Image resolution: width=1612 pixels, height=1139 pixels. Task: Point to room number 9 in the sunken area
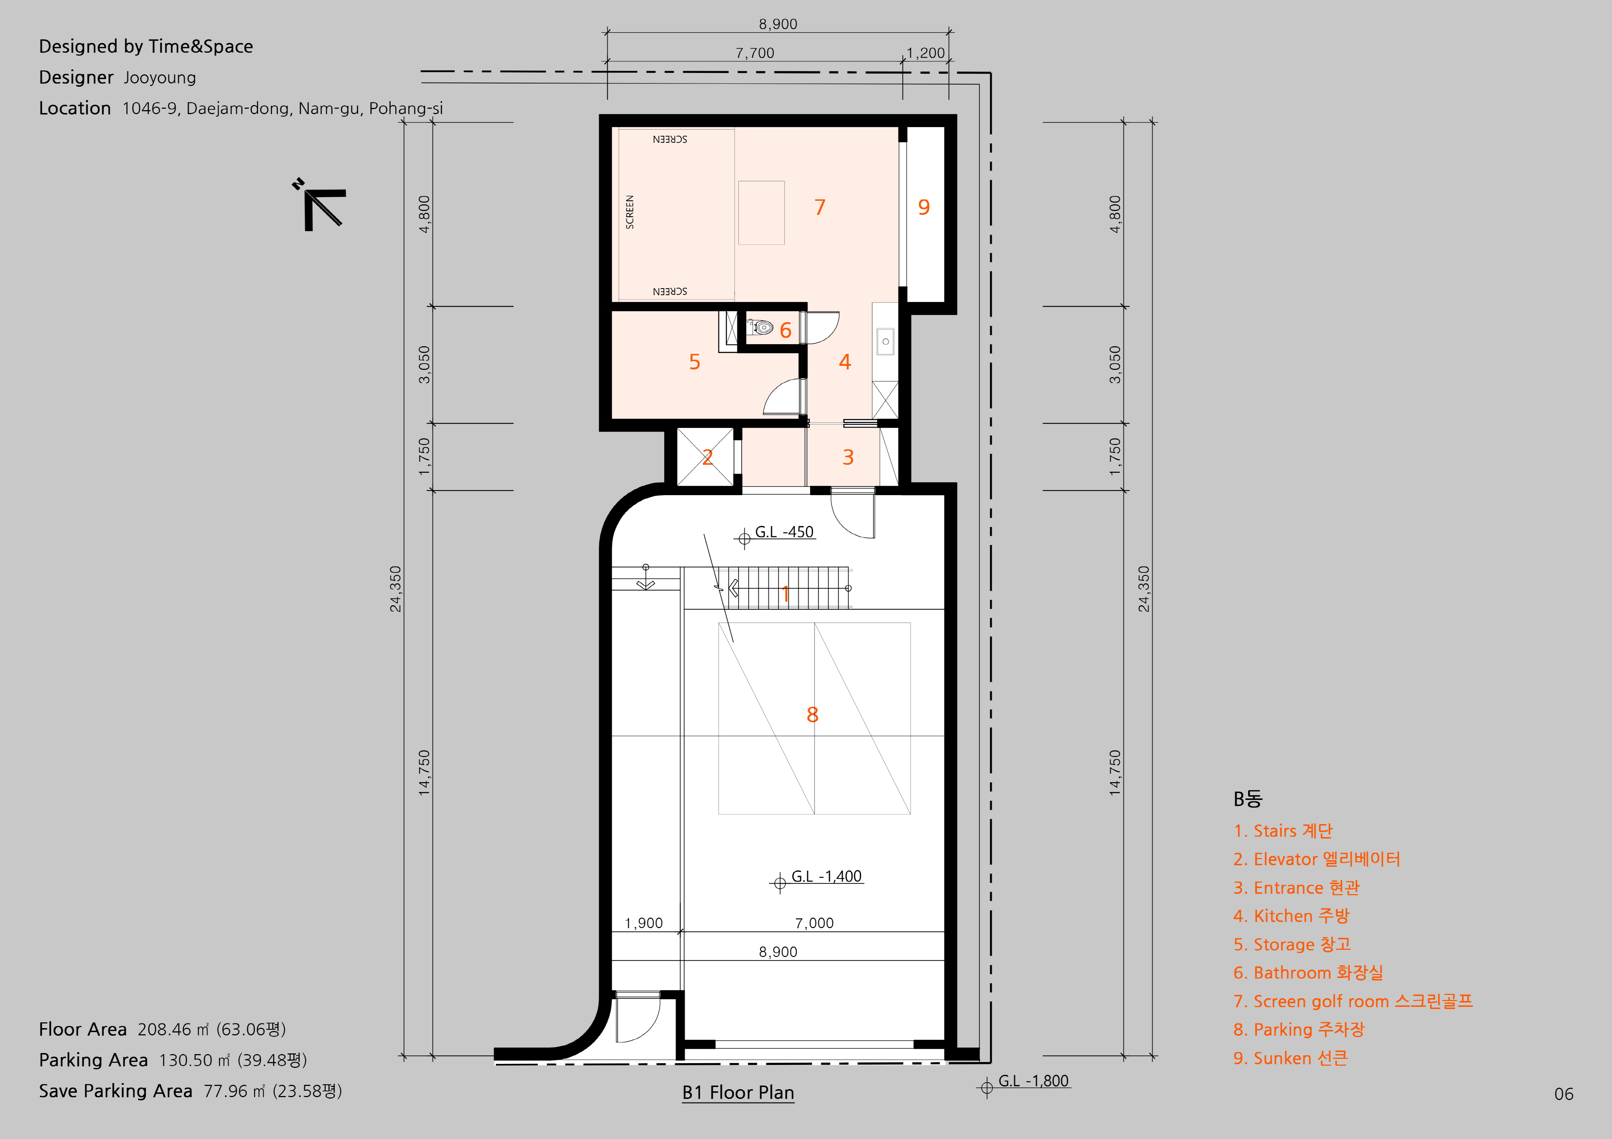(x=924, y=207)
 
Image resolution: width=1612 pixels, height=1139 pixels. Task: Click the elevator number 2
(x=707, y=457)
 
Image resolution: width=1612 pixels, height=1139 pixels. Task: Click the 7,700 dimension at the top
(x=755, y=53)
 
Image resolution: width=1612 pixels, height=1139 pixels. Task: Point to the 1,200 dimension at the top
(x=925, y=53)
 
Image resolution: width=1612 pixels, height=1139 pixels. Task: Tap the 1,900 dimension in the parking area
(x=644, y=923)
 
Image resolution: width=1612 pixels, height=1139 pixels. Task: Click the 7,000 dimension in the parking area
(x=814, y=923)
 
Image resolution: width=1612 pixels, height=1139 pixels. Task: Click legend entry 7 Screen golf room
(x=1353, y=1001)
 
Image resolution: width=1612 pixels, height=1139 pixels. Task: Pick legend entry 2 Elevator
(x=1316, y=860)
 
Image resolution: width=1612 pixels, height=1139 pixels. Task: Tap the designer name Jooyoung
(x=160, y=78)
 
